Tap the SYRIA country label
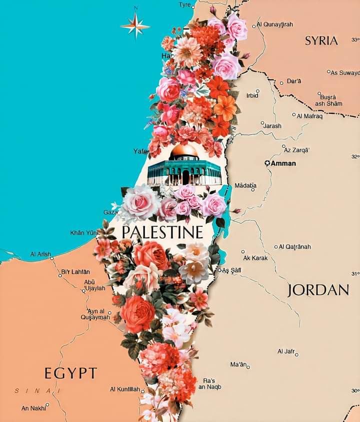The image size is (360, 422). pyautogui.click(x=321, y=41)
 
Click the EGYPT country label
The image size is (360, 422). pyautogui.click(x=70, y=373)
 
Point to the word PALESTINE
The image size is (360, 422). pyautogui.click(x=163, y=232)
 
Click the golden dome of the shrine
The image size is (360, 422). pyautogui.click(x=184, y=151)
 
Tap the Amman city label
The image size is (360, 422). pyautogui.click(x=283, y=163)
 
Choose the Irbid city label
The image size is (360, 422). pyautogui.click(x=252, y=95)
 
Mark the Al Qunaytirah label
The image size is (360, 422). pyautogui.click(x=275, y=24)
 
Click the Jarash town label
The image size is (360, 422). pyautogui.click(x=272, y=126)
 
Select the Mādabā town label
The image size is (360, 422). pyautogui.click(x=245, y=186)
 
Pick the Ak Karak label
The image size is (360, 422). pyautogui.click(x=255, y=258)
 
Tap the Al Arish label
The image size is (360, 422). pyautogui.click(x=40, y=254)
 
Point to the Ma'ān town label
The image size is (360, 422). pyautogui.click(x=239, y=365)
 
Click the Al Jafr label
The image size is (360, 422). pyautogui.click(x=286, y=352)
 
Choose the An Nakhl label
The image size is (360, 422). pyautogui.click(x=33, y=408)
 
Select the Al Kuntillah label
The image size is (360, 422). pyautogui.click(x=124, y=389)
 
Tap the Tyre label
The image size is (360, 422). pyautogui.click(x=185, y=4)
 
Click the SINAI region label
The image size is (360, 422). pyautogui.click(x=37, y=391)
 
